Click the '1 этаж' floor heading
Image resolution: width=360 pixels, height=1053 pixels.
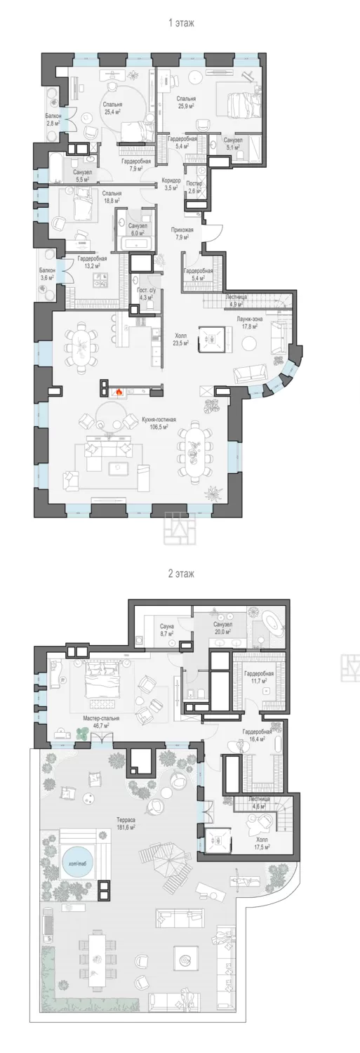(x=181, y=22)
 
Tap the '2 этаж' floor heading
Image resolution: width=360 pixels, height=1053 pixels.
(x=181, y=574)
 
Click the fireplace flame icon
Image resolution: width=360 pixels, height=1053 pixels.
(x=119, y=390)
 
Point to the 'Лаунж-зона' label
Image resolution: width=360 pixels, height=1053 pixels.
(x=249, y=319)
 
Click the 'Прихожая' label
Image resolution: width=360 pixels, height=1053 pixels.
(x=182, y=230)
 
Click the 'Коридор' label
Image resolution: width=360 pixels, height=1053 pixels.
(x=171, y=180)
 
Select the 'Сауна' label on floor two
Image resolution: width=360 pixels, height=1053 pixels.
(x=167, y=626)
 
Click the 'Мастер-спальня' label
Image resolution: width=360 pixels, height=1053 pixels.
(x=101, y=718)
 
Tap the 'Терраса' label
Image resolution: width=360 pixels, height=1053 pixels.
(x=126, y=819)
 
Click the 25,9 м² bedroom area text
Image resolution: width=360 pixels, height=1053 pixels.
(x=186, y=106)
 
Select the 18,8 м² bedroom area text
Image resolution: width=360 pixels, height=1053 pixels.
(x=112, y=200)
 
